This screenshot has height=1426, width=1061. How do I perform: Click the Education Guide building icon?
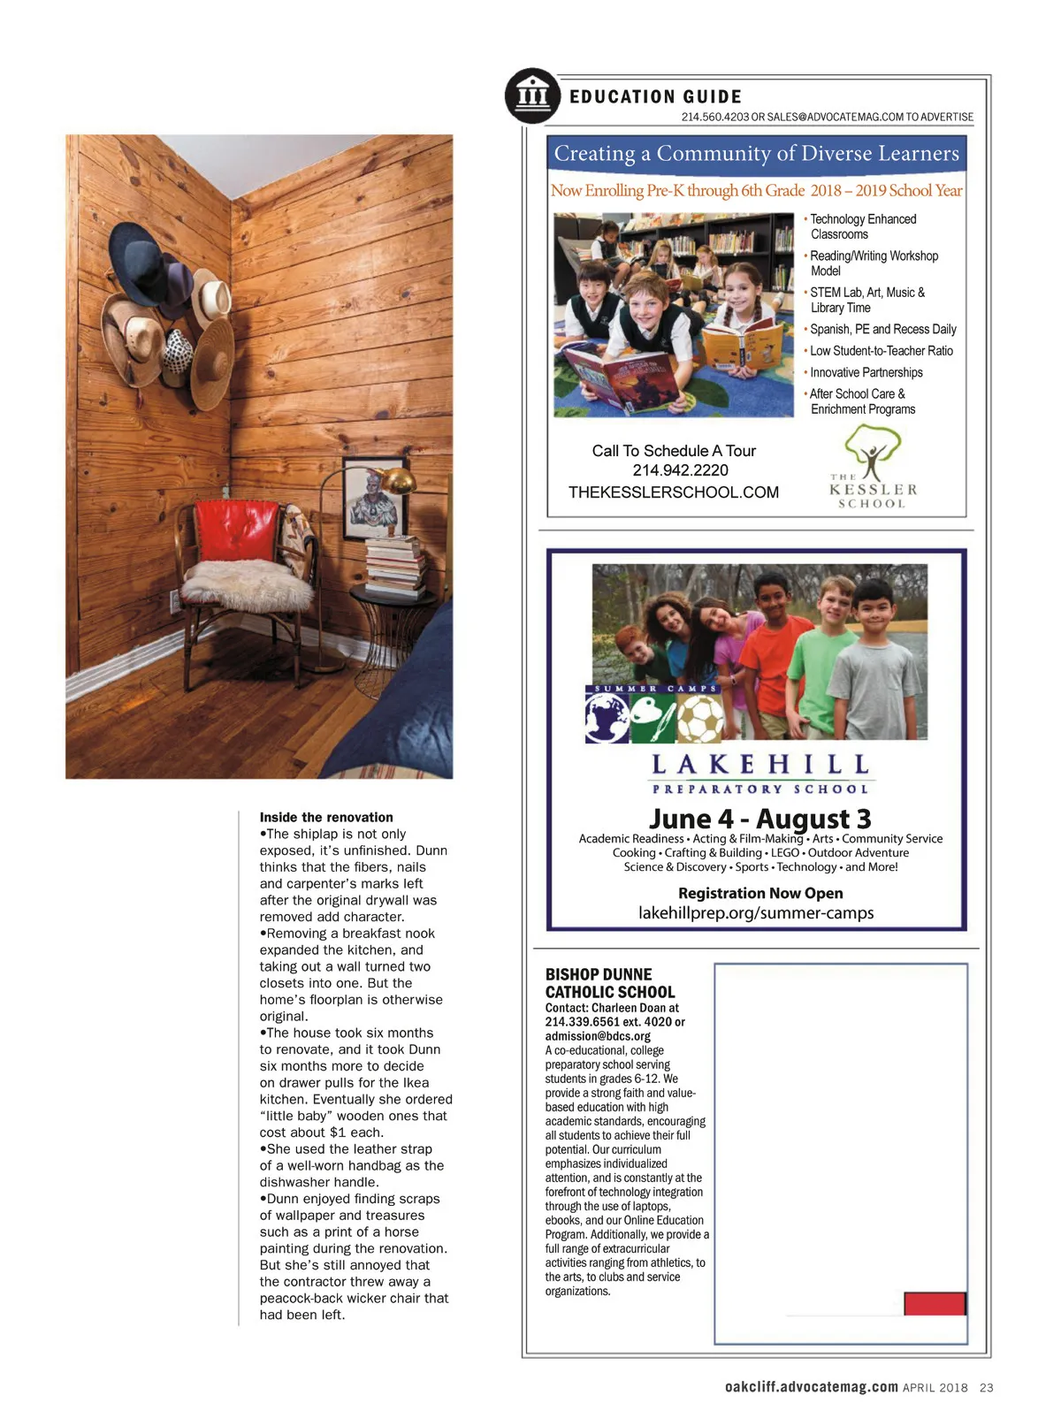[532, 95]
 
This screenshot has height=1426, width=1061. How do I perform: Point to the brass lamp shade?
[397, 481]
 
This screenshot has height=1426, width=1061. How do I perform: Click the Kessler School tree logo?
[873, 451]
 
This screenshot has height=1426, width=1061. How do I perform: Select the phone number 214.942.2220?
[680, 470]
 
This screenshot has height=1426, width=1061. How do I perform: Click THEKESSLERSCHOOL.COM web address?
[674, 492]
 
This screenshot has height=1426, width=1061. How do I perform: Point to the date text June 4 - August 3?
[759, 819]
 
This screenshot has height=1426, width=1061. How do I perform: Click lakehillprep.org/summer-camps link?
[756, 913]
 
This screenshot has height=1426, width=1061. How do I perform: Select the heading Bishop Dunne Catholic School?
[610, 983]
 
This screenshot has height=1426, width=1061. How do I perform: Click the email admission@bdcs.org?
[598, 1036]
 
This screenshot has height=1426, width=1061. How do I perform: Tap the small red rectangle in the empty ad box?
[934, 1303]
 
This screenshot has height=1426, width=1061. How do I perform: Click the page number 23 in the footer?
[986, 1388]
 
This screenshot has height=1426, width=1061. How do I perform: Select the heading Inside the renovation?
[326, 818]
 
